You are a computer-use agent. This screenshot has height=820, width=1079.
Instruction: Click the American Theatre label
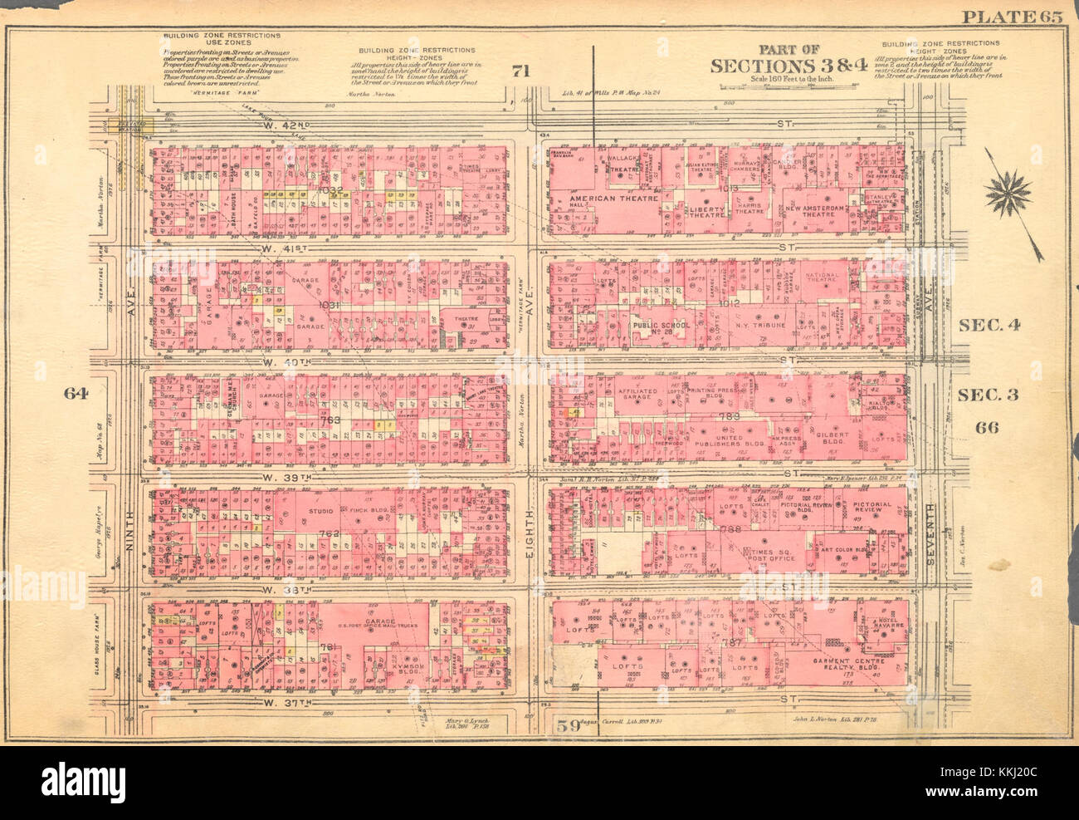click(613, 199)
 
